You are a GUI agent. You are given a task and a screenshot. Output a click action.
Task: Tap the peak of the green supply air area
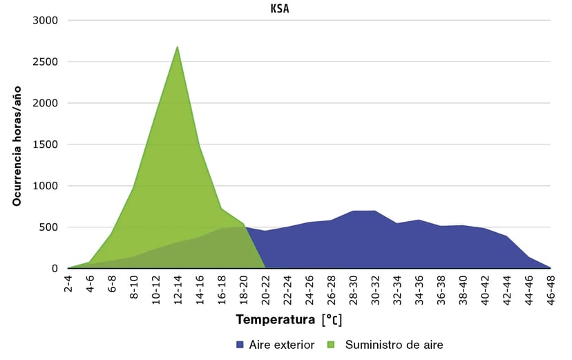pos(178,48)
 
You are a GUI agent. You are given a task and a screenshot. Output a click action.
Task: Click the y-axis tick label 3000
pos(45,20)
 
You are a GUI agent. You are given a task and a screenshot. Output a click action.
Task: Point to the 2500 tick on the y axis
pos(45,61)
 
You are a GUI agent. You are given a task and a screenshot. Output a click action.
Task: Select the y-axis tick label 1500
pos(45,144)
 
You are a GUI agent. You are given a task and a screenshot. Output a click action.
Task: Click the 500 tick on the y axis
pos(48,227)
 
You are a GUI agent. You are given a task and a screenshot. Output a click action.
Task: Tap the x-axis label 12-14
pos(178,288)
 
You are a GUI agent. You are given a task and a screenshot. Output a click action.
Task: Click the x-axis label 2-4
pos(68,285)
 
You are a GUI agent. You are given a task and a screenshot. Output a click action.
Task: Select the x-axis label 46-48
pos(551,288)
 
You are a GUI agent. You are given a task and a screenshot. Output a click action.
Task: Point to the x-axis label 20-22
pos(265,288)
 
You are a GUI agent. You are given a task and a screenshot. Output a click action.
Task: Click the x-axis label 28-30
pos(353,288)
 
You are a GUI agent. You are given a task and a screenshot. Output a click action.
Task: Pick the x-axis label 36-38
pos(441,288)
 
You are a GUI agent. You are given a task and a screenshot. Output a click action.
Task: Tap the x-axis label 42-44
pos(506,288)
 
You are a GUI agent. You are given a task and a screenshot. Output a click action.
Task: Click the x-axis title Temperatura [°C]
pos(289,321)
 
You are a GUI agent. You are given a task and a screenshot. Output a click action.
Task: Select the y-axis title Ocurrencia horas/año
pos(17,145)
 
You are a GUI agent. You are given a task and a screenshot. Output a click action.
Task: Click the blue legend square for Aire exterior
pos(240,344)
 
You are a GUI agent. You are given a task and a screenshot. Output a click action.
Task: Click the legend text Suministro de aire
pos(394,344)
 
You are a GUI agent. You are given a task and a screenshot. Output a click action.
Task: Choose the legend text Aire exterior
pos(281,344)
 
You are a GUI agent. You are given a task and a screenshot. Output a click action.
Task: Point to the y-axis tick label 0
pos(54,269)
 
